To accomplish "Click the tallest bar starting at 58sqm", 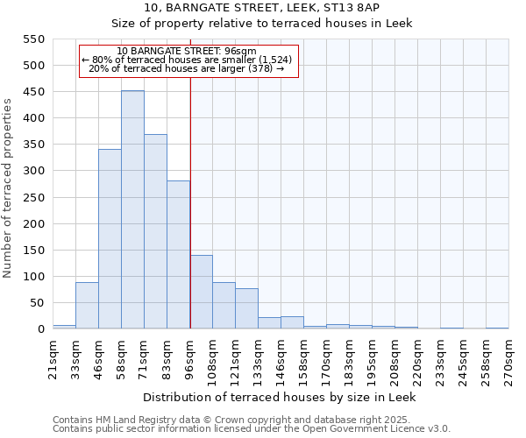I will click(132, 210).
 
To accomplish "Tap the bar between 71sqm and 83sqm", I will click(155, 232).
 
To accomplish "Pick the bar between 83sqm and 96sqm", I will click(178, 255).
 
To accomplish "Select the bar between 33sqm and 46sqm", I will click(87, 306).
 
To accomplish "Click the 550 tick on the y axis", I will click(33, 39).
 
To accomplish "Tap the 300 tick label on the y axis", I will click(33, 171).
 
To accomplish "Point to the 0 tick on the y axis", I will click(40, 329).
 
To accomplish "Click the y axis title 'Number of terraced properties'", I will click(8, 188).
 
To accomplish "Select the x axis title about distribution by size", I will click(278, 397).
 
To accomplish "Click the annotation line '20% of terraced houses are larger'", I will click(187, 69).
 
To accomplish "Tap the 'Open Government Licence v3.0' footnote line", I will click(252, 428).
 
